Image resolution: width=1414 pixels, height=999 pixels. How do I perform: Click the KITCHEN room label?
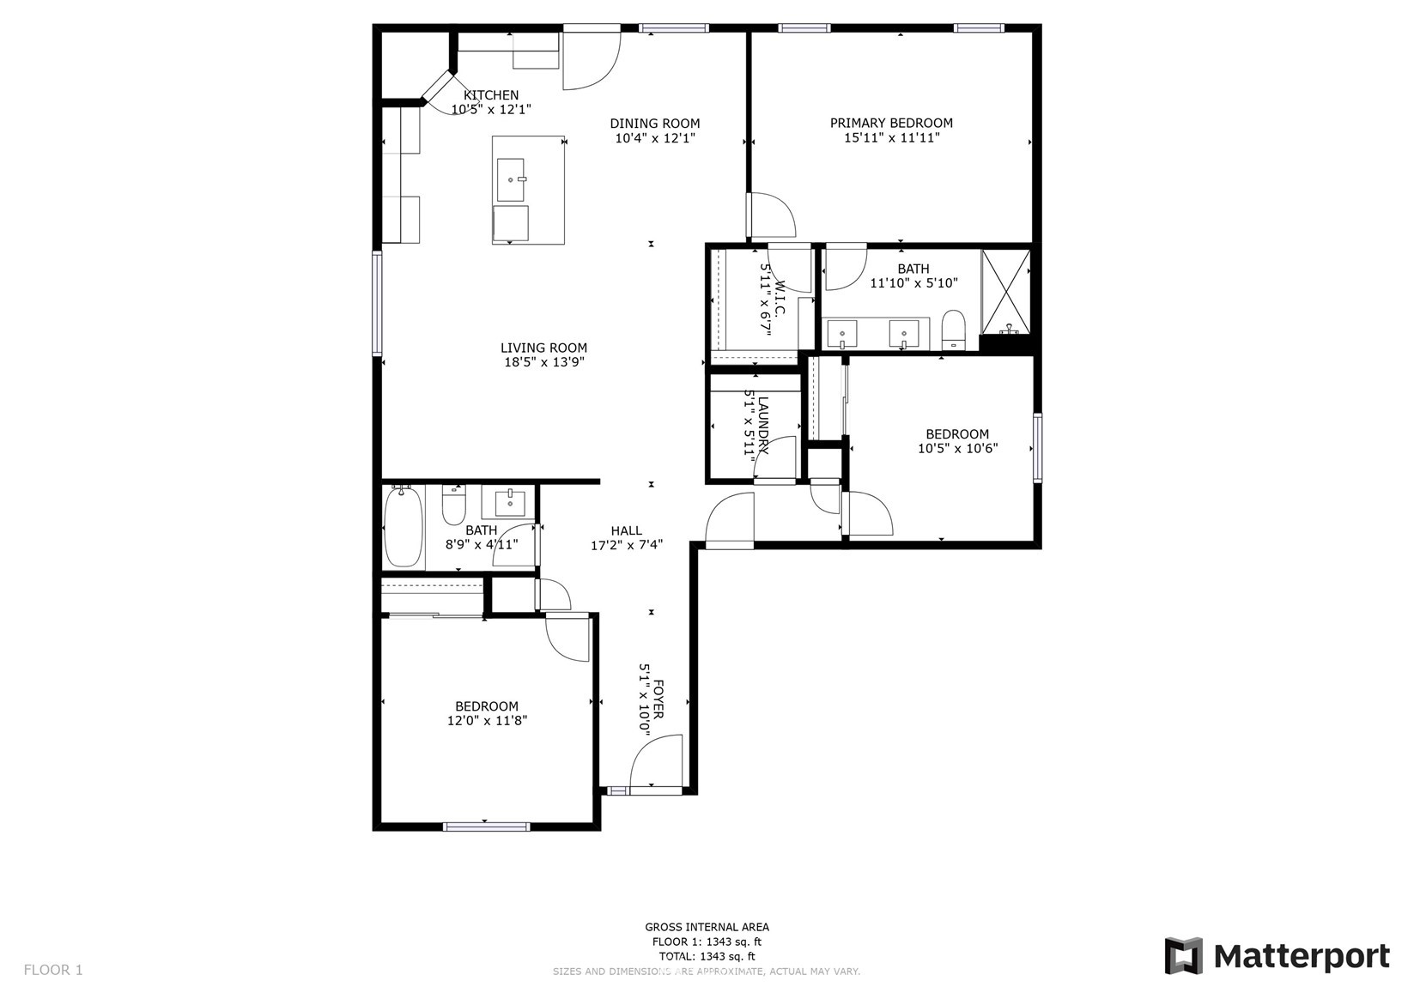pyautogui.click(x=491, y=95)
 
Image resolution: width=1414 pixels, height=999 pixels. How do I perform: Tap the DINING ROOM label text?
pyautogui.click(x=654, y=124)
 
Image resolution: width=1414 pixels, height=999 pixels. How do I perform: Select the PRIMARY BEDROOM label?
pyautogui.click(x=891, y=123)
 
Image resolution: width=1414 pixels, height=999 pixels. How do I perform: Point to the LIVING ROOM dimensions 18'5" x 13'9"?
pyautogui.click(x=544, y=362)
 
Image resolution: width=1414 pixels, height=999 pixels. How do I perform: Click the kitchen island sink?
pyautogui.click(x=511, y=180)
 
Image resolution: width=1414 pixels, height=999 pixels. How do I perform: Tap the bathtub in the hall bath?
pyautogui.click(x=403, y=528)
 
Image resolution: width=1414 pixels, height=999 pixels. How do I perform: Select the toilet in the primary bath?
pyautogui.click(x=953, y=330)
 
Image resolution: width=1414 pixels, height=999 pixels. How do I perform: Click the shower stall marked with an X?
pyautogui.click(x=1005, y=291)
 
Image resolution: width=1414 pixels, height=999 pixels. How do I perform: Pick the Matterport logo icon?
pyautogui.click(x=1184, y=955)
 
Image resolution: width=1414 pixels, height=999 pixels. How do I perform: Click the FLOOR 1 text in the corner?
pyautogui.click(x=53, y=970)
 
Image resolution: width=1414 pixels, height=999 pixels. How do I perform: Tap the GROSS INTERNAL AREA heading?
pyautogui.click(x=707, y=927)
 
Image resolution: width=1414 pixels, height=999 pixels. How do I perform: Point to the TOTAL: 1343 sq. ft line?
pyautogui.click(x=707, y=956)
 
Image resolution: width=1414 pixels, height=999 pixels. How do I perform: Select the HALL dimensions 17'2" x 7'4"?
pyautogui.click(x=627, y=545)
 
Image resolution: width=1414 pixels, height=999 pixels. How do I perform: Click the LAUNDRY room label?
pyautogui.click(x=763, y=426)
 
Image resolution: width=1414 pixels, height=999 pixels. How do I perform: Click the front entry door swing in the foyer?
pyautogui.click(x=657, y=761)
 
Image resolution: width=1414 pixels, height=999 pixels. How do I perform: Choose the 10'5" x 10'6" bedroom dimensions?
pyautogui.click(x=957, y=449)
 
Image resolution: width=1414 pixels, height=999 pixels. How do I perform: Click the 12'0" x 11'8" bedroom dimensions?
pyautogui.click(x=488, y=721)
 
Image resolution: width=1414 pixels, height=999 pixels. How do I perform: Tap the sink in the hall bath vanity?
pyautogui.click(x=509, y=504)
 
